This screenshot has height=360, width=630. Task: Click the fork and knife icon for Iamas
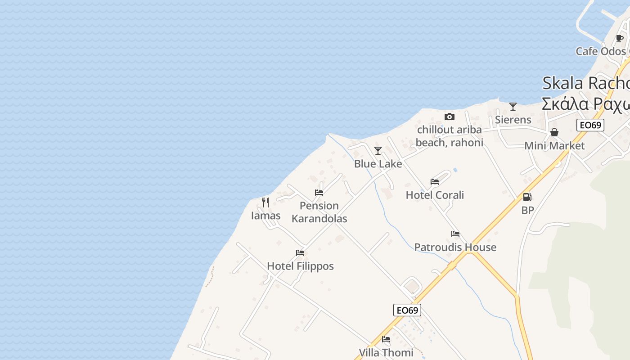click(x=265, y=202)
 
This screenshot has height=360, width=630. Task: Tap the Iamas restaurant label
click(x=265, y=216)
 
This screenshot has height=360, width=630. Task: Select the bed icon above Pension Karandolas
click(x=319, y=193)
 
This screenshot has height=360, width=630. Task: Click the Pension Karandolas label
click(x=319, y=212)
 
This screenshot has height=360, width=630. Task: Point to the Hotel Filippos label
click(x=300, y=266)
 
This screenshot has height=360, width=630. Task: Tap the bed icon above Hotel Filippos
click(x=300, y=253)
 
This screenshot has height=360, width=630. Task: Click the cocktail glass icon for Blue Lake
click(x=378, y=150)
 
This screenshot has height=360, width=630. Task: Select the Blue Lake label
click(x=378, y=164)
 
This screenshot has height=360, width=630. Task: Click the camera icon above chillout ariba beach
click(x=449, y=117)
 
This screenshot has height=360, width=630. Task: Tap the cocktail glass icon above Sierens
click(x=513, y=107)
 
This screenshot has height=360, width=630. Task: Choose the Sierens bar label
click(x=513, y=120)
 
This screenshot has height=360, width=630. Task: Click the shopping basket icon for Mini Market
click(x=554, y=132)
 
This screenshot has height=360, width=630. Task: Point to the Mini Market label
click(x=554, y=146)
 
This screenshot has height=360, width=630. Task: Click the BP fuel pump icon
click(x=527, y=197)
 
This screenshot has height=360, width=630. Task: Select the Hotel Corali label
click(x=435, y=195)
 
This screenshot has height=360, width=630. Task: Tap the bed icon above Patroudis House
click(x=455, y=234)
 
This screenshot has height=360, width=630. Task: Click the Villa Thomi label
click(x=386, y=352)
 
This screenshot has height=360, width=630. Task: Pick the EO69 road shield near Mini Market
click(x=590, y=125)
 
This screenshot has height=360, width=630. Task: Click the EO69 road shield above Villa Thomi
click(x=407, y=310)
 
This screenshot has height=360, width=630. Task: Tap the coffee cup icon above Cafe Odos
click(x=620, y=38)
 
